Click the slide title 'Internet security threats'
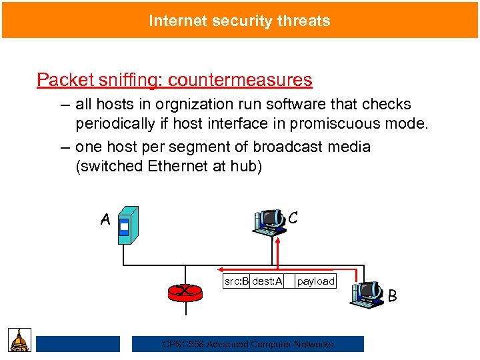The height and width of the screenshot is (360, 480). [x=239, y=21]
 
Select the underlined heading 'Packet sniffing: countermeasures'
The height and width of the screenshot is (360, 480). [x=174, y=80]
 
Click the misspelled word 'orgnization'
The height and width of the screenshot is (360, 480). [x=187, y=105]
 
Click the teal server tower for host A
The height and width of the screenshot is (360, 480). [x=127, y=225]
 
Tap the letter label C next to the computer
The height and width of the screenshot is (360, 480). [x=293, y=218]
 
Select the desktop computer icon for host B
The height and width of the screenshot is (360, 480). [x=367, y=294]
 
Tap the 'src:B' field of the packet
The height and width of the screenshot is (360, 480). [x=236, y=281]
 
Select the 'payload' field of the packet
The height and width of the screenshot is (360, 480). [x=315, y=281]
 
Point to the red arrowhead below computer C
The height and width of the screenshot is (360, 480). [x=278, y=241]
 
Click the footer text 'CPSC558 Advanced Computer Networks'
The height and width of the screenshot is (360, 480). [x=248, y=344]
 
